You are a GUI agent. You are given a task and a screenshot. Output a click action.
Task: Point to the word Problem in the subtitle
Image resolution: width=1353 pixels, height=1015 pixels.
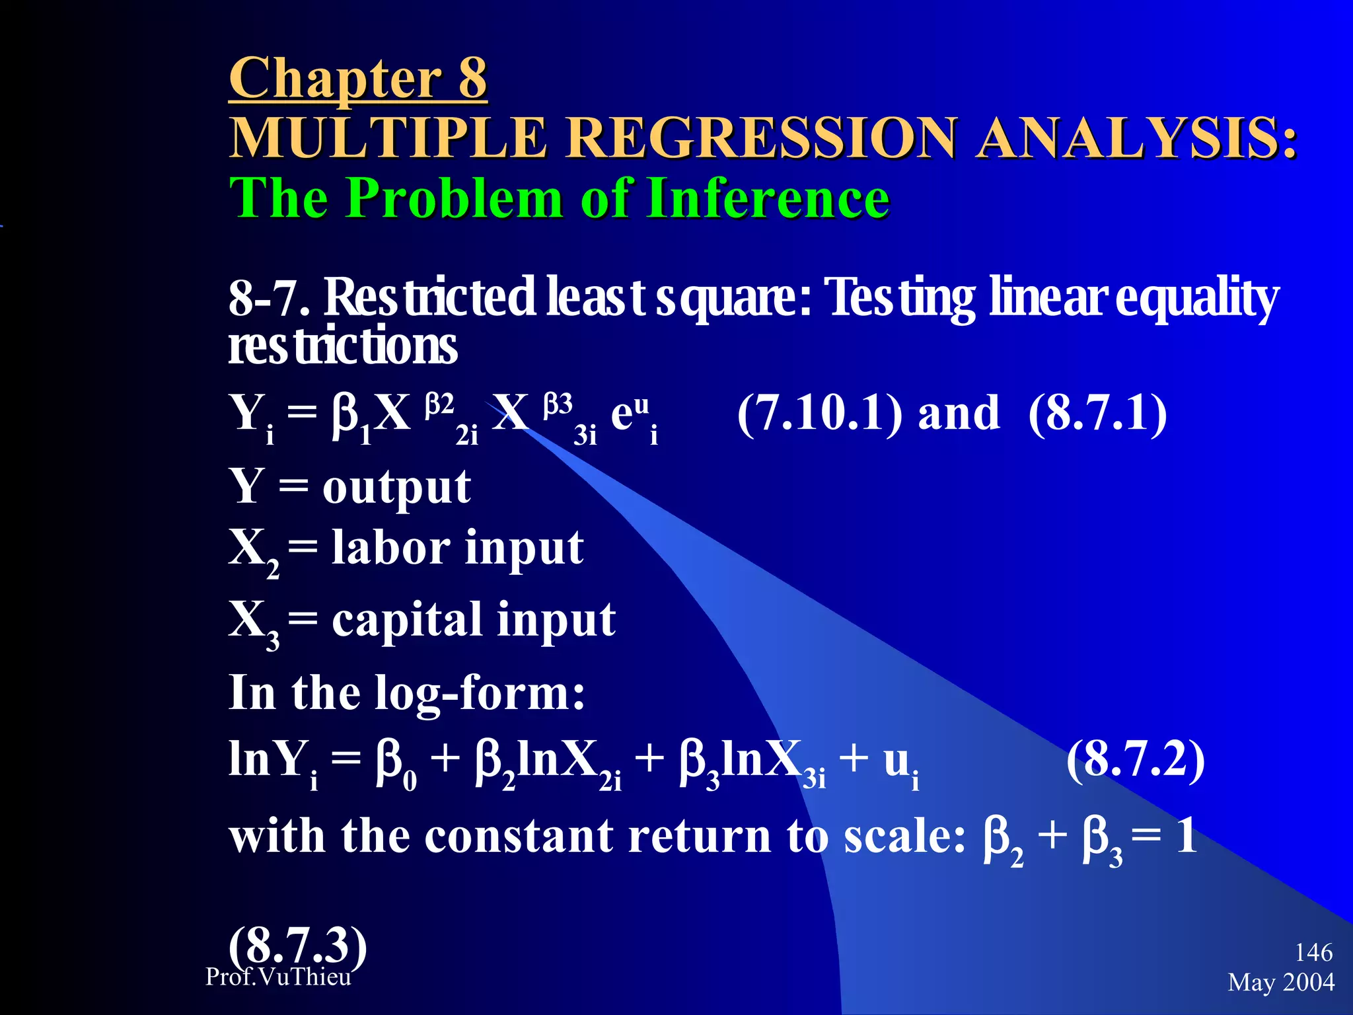pyautogui.click(x=455, y=198)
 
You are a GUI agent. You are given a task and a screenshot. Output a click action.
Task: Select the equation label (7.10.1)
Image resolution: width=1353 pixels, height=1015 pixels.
pyautogui.click(x=819, y=413)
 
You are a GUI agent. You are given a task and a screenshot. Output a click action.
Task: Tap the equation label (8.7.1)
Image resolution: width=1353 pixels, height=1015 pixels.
pyautogui.click(x=1097, y=413)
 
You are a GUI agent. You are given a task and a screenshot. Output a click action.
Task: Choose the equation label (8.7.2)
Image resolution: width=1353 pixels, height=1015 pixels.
pyautogui.click(x=1136, y=759)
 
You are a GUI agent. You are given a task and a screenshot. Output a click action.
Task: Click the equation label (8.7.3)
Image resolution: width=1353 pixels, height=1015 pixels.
pyautogui.click(x=297, y=945)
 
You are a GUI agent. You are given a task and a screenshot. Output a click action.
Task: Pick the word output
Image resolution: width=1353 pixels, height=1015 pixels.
pyautogui.click(x=396, y=487)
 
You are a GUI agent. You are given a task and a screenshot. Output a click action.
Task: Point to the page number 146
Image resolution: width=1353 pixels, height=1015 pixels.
pyautogui.click(x=1313, y=952)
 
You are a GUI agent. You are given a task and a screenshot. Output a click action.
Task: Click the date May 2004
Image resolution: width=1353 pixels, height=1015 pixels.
pyautogui.click(x=1281, y=983)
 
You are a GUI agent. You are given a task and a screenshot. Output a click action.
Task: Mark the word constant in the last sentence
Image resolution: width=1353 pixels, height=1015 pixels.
pyautogui.click(x=518, y=836)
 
